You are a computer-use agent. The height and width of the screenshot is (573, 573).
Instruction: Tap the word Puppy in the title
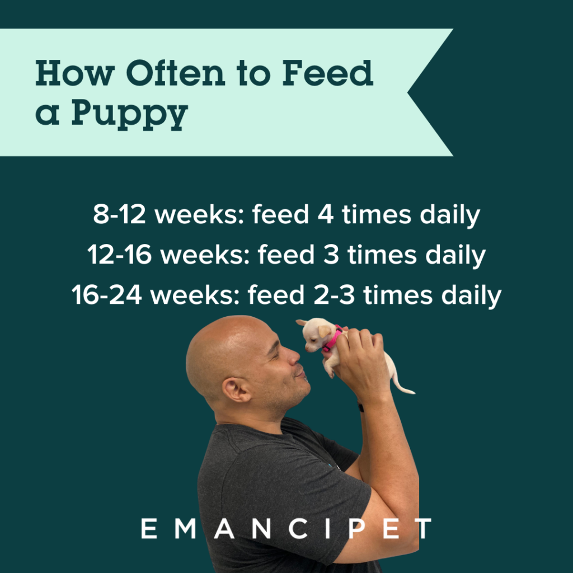(130, 114)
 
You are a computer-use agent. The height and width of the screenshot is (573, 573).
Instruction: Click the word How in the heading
(75, 73)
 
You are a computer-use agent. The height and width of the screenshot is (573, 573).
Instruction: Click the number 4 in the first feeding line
(326, 214)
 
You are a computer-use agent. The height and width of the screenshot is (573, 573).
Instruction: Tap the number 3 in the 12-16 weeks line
(331, 255)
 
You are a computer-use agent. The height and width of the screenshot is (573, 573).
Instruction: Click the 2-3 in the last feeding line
(334, 295)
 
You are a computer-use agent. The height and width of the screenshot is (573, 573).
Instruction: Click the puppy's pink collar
(332, 339)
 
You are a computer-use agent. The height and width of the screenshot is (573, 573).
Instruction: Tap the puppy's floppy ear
(324, 331)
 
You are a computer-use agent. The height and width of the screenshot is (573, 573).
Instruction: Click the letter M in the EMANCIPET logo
(186, 528)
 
